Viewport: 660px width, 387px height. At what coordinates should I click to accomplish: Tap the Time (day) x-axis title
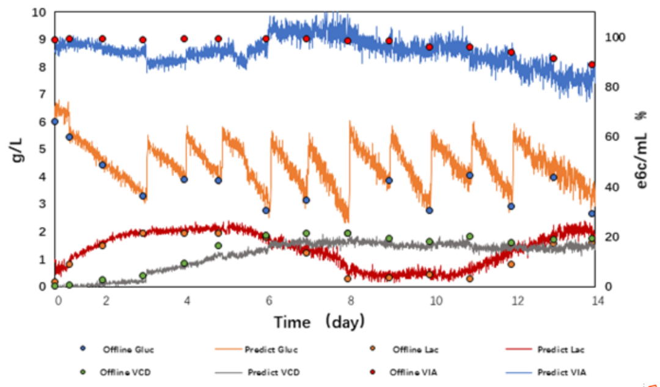point(318,321)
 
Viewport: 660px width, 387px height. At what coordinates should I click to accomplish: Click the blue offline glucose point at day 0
point(55,122)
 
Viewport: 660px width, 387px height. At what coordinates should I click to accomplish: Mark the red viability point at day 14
point(592,65)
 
